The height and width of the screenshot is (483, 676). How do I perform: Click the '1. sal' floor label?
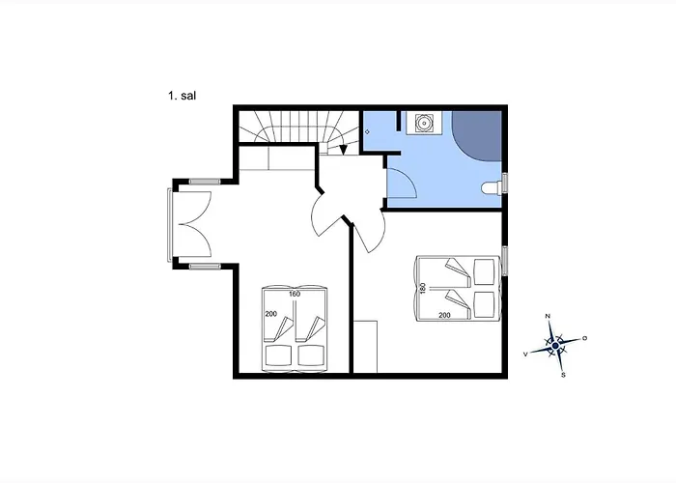(182, 96)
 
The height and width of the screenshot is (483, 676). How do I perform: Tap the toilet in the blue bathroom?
(491, 187)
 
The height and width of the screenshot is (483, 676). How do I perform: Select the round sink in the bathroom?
(424, 124)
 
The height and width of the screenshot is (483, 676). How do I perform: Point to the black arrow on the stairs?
(344, 149)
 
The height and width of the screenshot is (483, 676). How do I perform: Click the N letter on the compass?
(548, 316)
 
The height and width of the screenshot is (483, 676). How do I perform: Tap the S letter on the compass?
(563, 375)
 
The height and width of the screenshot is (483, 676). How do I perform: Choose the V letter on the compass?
(525, 355)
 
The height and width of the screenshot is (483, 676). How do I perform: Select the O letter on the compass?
(584, 338)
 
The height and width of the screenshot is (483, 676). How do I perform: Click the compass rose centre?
(555, 346)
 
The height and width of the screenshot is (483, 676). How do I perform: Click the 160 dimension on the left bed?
(295, 294)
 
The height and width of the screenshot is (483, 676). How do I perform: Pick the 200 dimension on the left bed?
(270, 314)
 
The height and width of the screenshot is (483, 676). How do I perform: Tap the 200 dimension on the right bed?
(444, 315)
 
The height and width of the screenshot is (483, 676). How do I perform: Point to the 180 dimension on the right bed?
(423, 288)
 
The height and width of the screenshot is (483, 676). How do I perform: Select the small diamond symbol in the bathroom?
(367, 132)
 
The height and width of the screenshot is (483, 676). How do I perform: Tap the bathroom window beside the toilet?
(505, 182)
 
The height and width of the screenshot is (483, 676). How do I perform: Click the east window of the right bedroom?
(505, 261)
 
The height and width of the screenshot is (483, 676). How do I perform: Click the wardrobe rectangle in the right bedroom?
(365, 346)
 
